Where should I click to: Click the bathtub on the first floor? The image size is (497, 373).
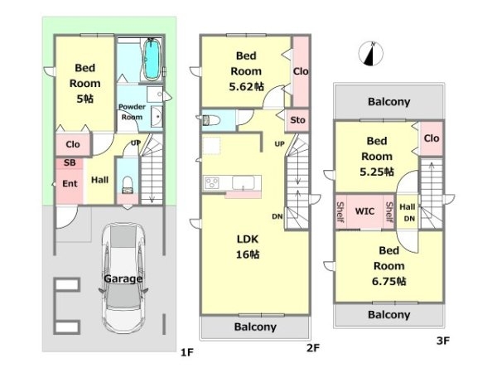pos(152,60)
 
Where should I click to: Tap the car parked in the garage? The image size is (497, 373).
pos(123,279)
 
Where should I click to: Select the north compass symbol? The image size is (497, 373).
pos(371,54)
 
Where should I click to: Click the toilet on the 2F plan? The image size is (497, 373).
pos(210,120)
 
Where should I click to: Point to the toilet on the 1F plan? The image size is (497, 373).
pos(128,185)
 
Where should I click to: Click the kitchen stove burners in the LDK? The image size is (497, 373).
pos(211,183)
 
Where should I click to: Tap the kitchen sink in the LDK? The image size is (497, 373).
pos(243,182)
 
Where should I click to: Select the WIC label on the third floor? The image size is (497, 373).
pos(364,211)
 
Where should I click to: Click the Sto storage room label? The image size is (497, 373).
pos(297,120)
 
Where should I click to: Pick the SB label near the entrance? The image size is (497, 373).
pos(70,162)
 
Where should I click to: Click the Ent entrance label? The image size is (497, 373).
pos(70,183)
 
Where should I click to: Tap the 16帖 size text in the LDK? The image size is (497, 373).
pos(248,254)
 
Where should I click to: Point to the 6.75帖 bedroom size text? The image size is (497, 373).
pos(389,281)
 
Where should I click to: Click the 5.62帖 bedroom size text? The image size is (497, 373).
pos(246,86)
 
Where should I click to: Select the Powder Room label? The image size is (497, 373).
pos(132,112)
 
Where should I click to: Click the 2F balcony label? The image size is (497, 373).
pos(255,327)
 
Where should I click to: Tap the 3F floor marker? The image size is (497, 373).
pos(443,341)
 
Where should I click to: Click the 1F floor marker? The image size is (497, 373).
pos(186,352)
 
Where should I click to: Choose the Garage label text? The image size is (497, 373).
pos(123,279)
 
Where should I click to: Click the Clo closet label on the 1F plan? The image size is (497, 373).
pos(73,144)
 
